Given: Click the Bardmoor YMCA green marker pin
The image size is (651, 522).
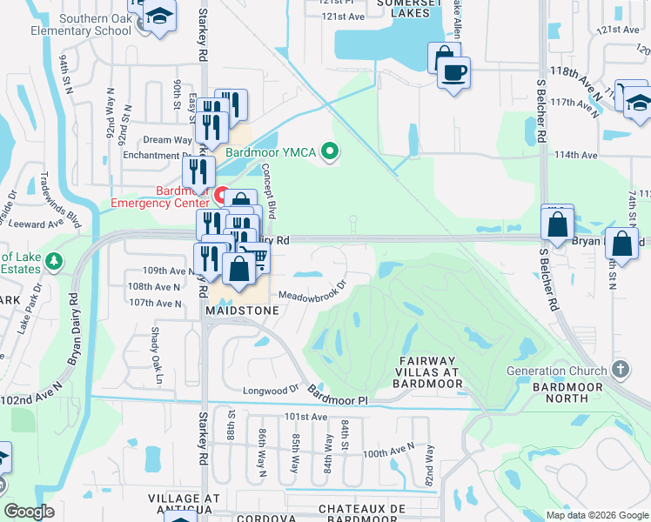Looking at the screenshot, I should click(329, 152).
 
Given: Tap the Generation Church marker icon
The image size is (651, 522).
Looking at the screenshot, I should click(620, 370).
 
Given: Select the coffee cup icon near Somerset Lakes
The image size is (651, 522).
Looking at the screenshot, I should click(454, 71).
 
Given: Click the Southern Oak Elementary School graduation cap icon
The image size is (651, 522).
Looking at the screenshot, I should click(159, 16).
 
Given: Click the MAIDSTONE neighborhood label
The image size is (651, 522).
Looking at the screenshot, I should click(242, 310).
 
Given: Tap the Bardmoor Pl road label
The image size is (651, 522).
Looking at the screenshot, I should click(339, 399).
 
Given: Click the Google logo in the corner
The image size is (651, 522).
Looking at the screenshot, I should click(30, 512).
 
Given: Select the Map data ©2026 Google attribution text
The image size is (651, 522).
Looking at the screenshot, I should click(596, 515).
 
